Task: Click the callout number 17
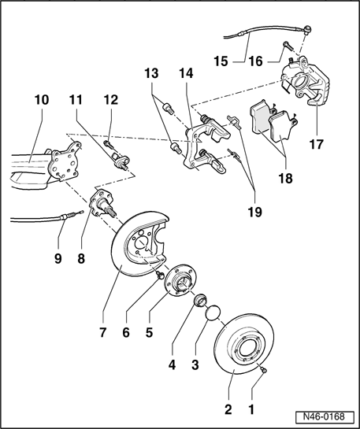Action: tap(316, 144)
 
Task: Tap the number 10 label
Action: tap(42, 100)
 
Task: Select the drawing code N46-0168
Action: tap(324, 416)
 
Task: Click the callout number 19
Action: tap(255, 212)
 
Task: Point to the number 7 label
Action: tap(102, 333)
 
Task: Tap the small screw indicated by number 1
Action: tap(264, 370)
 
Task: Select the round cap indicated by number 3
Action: tap(213, 313)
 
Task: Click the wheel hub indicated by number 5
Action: tap(180, 280)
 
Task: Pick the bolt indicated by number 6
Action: tap(160, 275)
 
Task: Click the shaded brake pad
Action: tap(259, 117)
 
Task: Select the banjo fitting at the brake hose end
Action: tap(308, 28)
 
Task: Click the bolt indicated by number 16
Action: tap(288, 46)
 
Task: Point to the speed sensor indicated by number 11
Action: tap(121, 161)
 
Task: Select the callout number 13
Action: tap(151, 73)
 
